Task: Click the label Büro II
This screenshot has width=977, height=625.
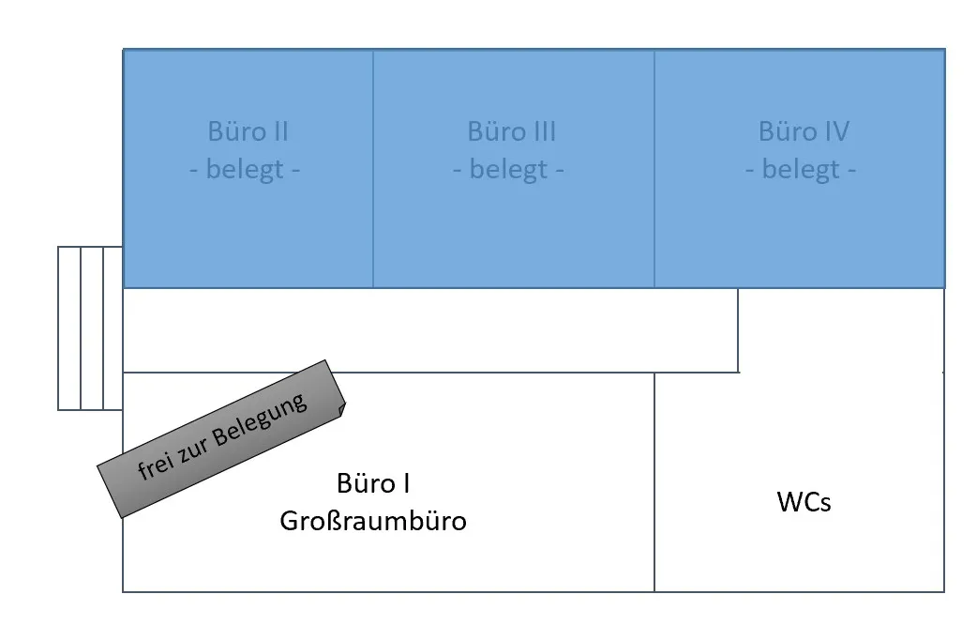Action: pos(248,131)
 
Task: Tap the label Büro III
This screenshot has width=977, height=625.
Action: pos(512,131)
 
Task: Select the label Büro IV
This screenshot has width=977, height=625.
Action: pos(804,131)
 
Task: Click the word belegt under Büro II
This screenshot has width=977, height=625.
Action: pos(245,170)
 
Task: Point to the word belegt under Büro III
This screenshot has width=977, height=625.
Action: pos(508,170)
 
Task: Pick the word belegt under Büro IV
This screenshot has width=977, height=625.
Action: pos(801,170)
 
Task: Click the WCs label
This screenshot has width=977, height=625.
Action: pos(804,502)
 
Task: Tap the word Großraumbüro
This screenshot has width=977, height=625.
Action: pos(373,522)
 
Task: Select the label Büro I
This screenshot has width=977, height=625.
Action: pos(373,483)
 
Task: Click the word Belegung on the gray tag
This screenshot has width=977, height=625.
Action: pos(261,421)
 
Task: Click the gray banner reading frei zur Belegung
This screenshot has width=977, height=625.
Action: pos(221,439)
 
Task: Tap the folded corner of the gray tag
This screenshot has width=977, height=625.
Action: pos(341,410)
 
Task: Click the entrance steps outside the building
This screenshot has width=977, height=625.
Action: pos(90,328)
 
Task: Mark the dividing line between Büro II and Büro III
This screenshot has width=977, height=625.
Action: pos(373,169)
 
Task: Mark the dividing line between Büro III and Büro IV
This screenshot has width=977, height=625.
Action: pos(654,169)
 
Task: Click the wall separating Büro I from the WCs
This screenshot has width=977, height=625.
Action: pos(654,482)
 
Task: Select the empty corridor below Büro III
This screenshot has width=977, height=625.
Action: pos(430,330)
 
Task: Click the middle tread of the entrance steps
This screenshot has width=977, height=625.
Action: pos(92,328)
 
